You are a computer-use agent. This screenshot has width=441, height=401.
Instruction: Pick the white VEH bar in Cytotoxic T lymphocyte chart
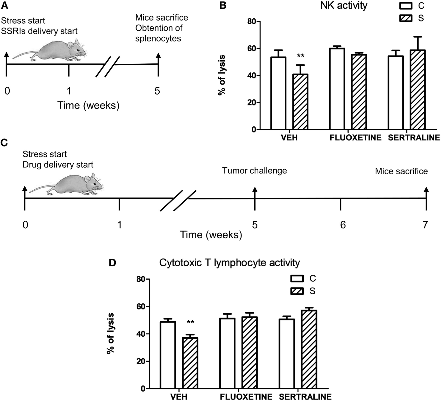point(168,355)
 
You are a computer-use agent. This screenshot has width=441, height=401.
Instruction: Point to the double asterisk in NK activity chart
point(301,56)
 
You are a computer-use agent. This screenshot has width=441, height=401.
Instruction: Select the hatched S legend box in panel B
point(406,18)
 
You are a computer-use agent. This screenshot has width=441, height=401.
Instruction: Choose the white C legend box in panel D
point(297,278)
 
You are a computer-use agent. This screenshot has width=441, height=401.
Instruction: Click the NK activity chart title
point(344,6)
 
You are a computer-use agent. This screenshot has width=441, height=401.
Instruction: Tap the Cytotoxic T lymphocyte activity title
point(229,263)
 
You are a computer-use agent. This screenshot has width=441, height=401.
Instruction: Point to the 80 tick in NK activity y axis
point(251,21)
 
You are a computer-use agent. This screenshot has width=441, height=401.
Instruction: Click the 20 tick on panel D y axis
point(141,361)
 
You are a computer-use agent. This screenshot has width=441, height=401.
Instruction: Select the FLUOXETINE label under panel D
point(246,397)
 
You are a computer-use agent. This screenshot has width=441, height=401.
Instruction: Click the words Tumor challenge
point(254,170)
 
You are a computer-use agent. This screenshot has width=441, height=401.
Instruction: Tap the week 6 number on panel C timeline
point(343,225)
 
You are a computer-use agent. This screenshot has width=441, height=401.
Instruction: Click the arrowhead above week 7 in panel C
point(426,189)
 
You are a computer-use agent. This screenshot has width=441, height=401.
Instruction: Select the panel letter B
point(223,5)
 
